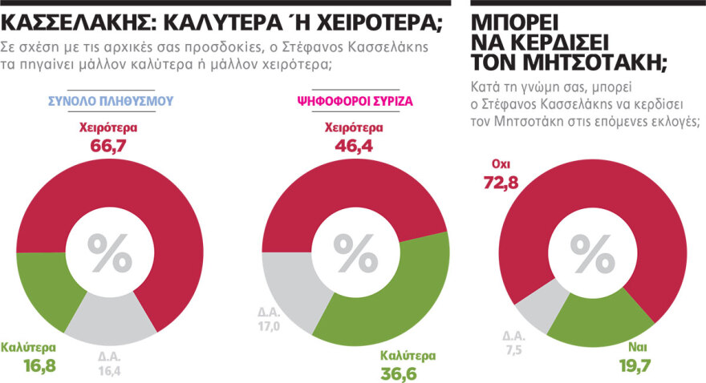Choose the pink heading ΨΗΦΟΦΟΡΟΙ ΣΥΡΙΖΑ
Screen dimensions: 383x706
350,102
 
